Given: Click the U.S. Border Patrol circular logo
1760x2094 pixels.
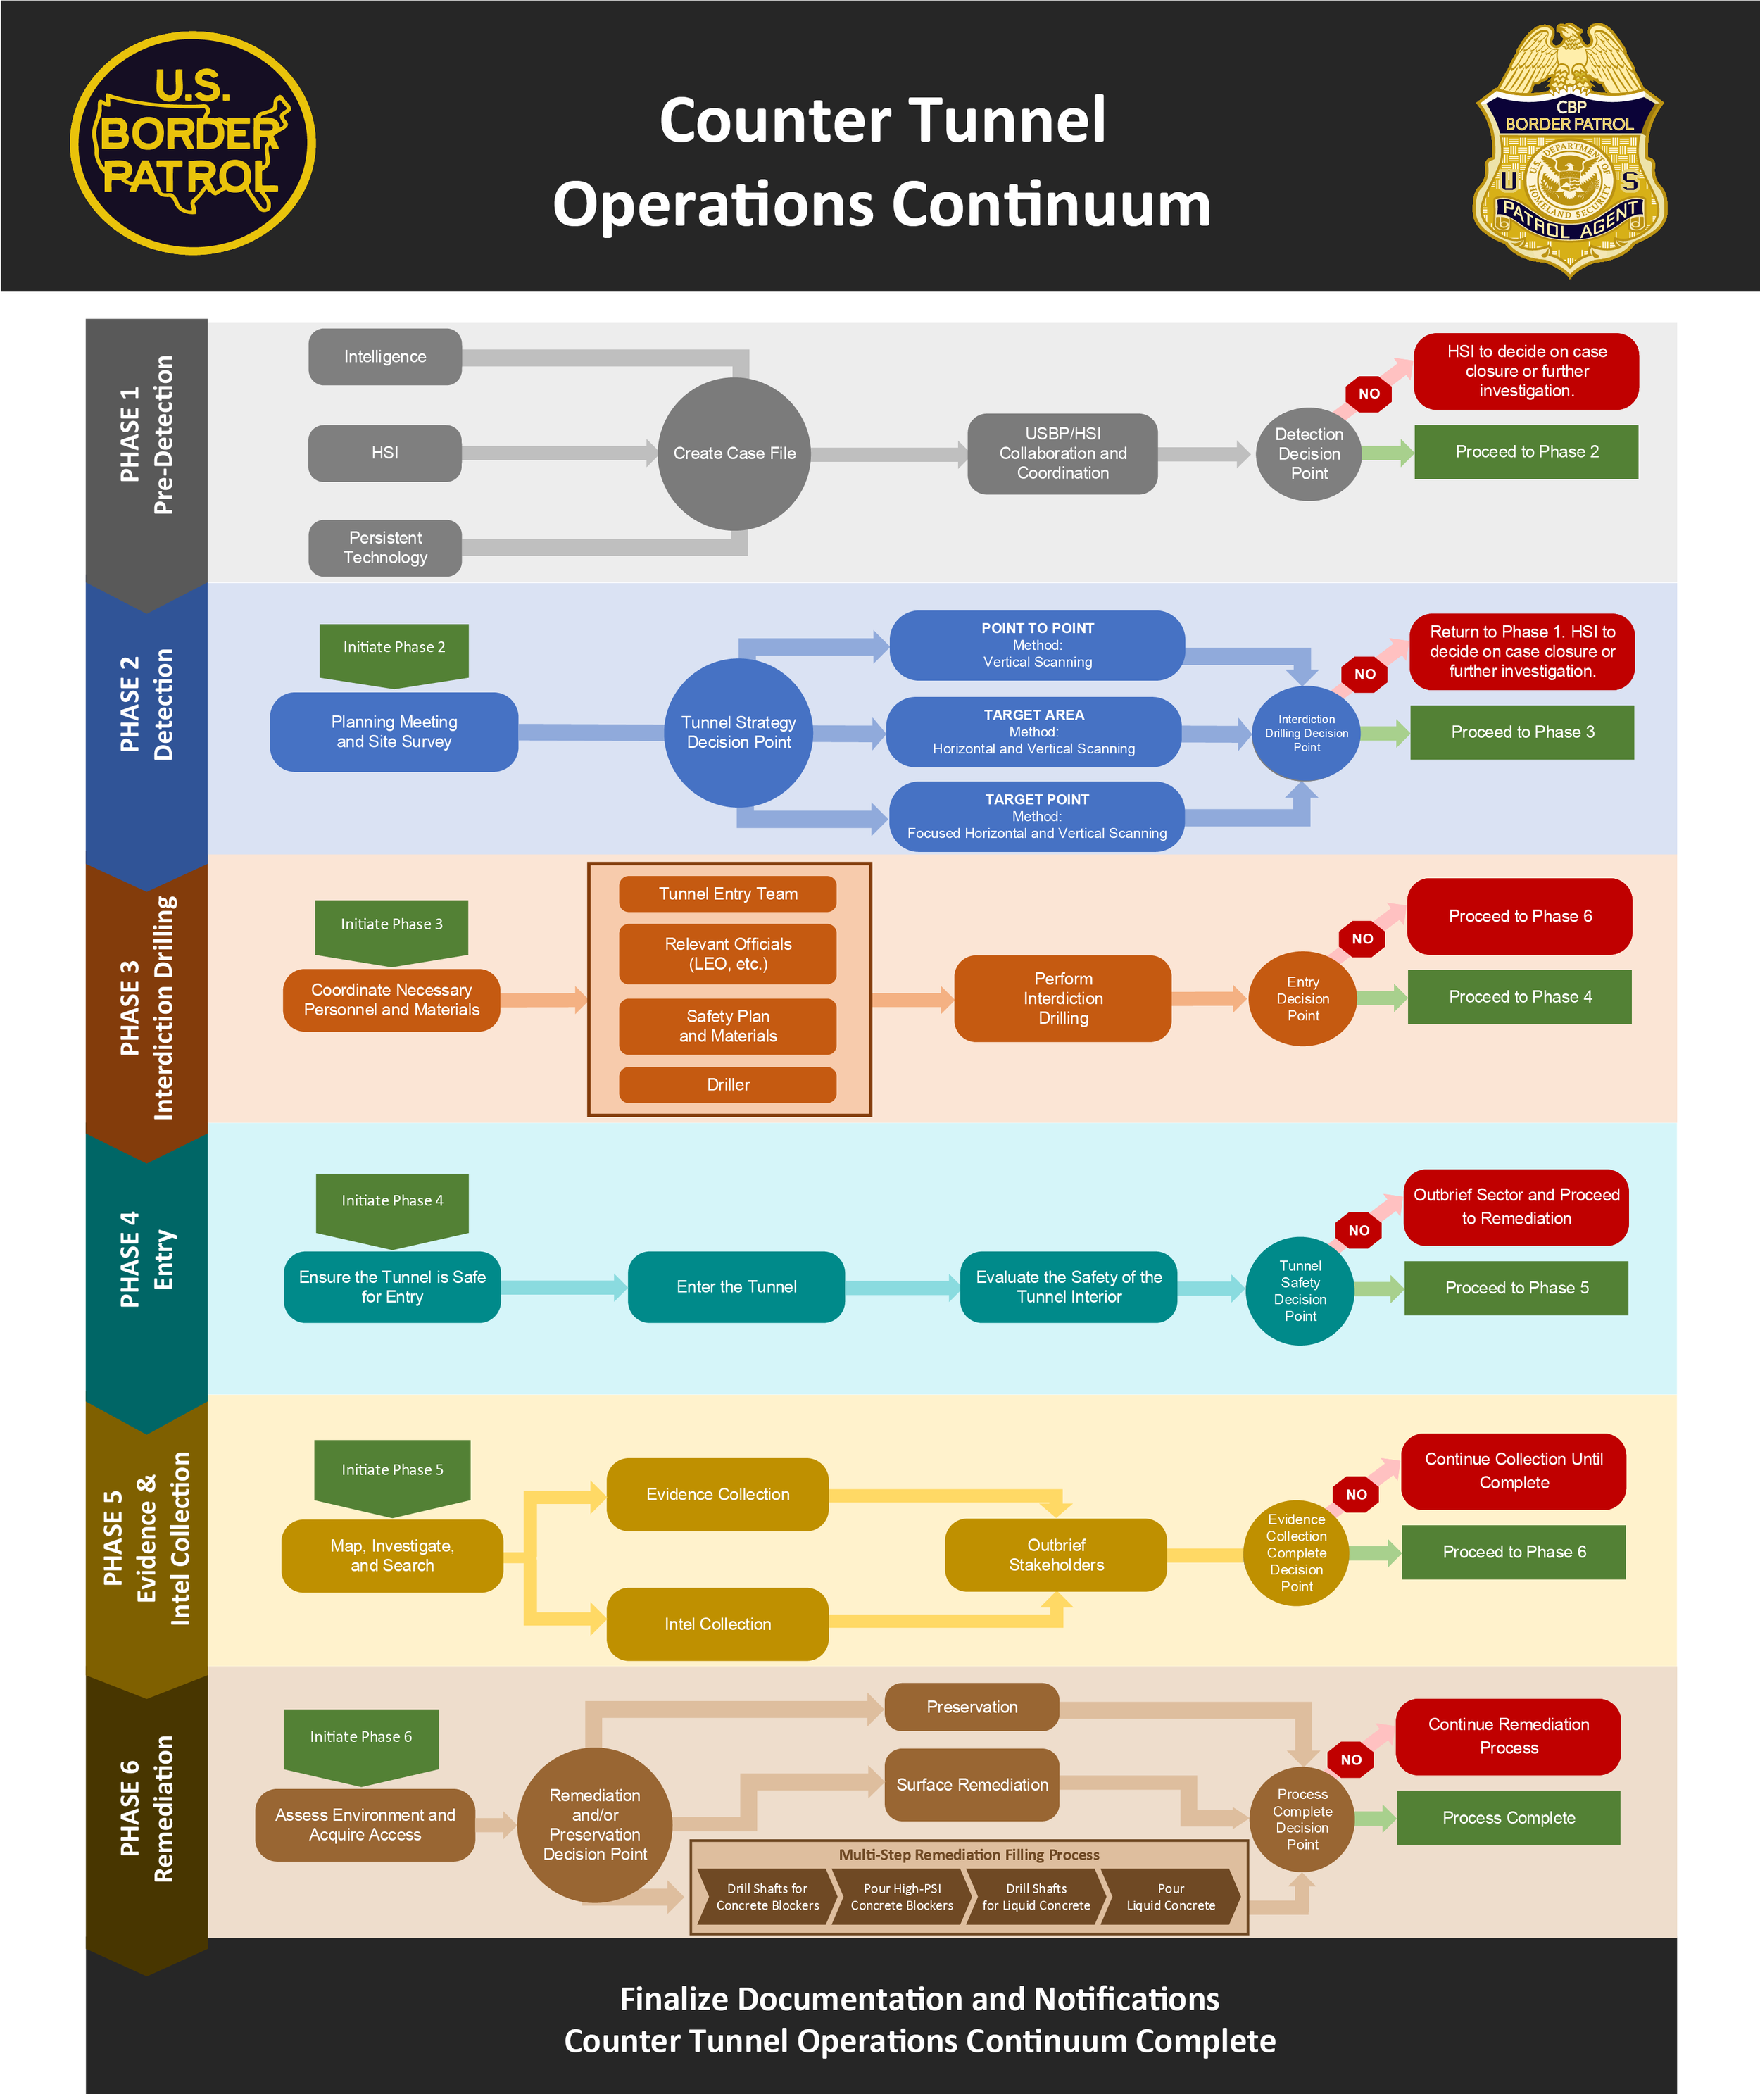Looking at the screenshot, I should tap(193, 144).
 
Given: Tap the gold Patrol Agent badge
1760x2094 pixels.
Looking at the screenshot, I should tap(1569, 150).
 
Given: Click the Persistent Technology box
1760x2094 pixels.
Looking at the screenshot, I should tap(385, 548).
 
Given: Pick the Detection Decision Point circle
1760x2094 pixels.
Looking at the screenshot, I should tap(1308, 454).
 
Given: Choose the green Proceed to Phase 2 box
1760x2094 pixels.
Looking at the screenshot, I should tap(1526, 452).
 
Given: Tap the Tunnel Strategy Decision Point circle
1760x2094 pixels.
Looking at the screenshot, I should tap(738, 732).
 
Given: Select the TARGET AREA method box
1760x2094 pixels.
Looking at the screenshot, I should tap(1033, 732).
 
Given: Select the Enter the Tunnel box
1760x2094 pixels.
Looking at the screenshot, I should tap(736, 1287).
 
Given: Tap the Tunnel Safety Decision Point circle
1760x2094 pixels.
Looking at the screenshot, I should tap(1300, 1291).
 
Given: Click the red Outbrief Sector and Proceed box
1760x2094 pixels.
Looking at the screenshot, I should tap(1516, 1207).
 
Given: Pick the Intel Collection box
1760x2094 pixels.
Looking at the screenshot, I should tap(717, 1624).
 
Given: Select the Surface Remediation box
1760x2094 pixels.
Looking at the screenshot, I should tap(972, 1785).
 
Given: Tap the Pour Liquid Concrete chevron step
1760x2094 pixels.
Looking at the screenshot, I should tap(1170, 1896).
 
